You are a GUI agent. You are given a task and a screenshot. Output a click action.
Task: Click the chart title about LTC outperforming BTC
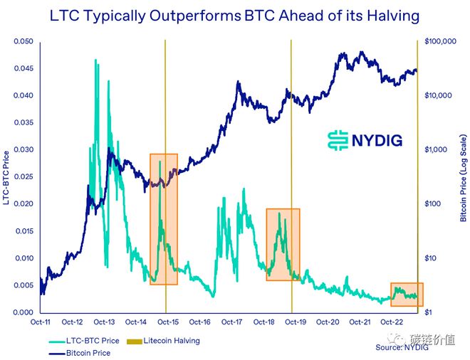point(234,16)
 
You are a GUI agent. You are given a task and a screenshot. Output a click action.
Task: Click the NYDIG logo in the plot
point(364,139)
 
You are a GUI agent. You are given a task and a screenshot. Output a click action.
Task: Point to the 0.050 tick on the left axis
point(23,42)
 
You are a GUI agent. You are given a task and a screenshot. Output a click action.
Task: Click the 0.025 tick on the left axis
point(23,177)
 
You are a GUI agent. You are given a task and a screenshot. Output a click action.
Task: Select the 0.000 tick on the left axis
point(23,312)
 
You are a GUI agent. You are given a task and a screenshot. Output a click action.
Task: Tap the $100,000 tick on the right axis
point(439,42)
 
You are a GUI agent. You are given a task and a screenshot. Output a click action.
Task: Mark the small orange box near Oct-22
point(407,294)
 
